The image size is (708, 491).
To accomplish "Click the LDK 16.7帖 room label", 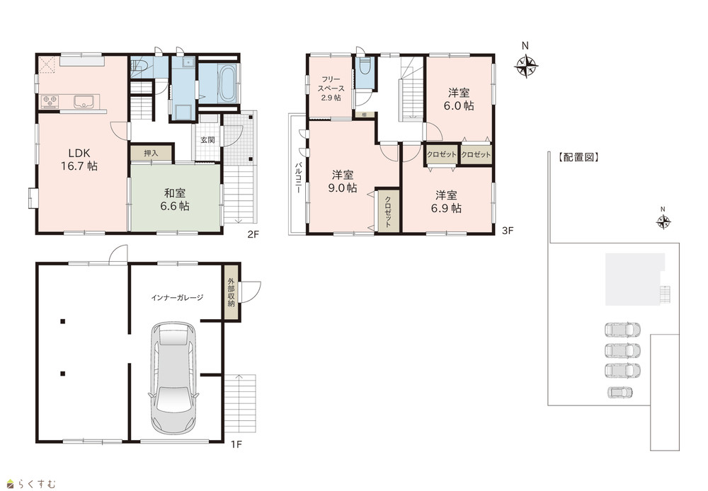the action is pos(79,159).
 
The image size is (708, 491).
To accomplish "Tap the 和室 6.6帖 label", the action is pos(175,200).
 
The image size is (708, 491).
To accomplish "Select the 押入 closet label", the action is pos(152,154).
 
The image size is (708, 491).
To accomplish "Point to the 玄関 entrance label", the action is pos(207,140).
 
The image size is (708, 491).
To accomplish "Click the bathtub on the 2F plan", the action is pos(227,83).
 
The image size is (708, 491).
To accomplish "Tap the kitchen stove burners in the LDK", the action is pos(50,102).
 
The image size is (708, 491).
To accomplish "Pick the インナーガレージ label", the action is pos(177,298).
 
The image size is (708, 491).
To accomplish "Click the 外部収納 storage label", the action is pos(232,292).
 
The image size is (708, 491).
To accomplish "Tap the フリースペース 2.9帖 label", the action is pos(331,88).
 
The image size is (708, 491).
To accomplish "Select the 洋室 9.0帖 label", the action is pos(343,181).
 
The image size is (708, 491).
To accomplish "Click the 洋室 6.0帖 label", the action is pos(459,99).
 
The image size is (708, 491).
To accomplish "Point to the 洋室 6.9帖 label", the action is pos(446,202).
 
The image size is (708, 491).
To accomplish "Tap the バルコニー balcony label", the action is pos(299,178).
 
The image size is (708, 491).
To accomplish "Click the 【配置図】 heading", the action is pos(578,157).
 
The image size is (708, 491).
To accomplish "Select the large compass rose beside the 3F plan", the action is pos(526,66).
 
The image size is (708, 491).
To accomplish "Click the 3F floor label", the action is pos(508,231).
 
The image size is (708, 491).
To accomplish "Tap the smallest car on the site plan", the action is pos(620,393).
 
